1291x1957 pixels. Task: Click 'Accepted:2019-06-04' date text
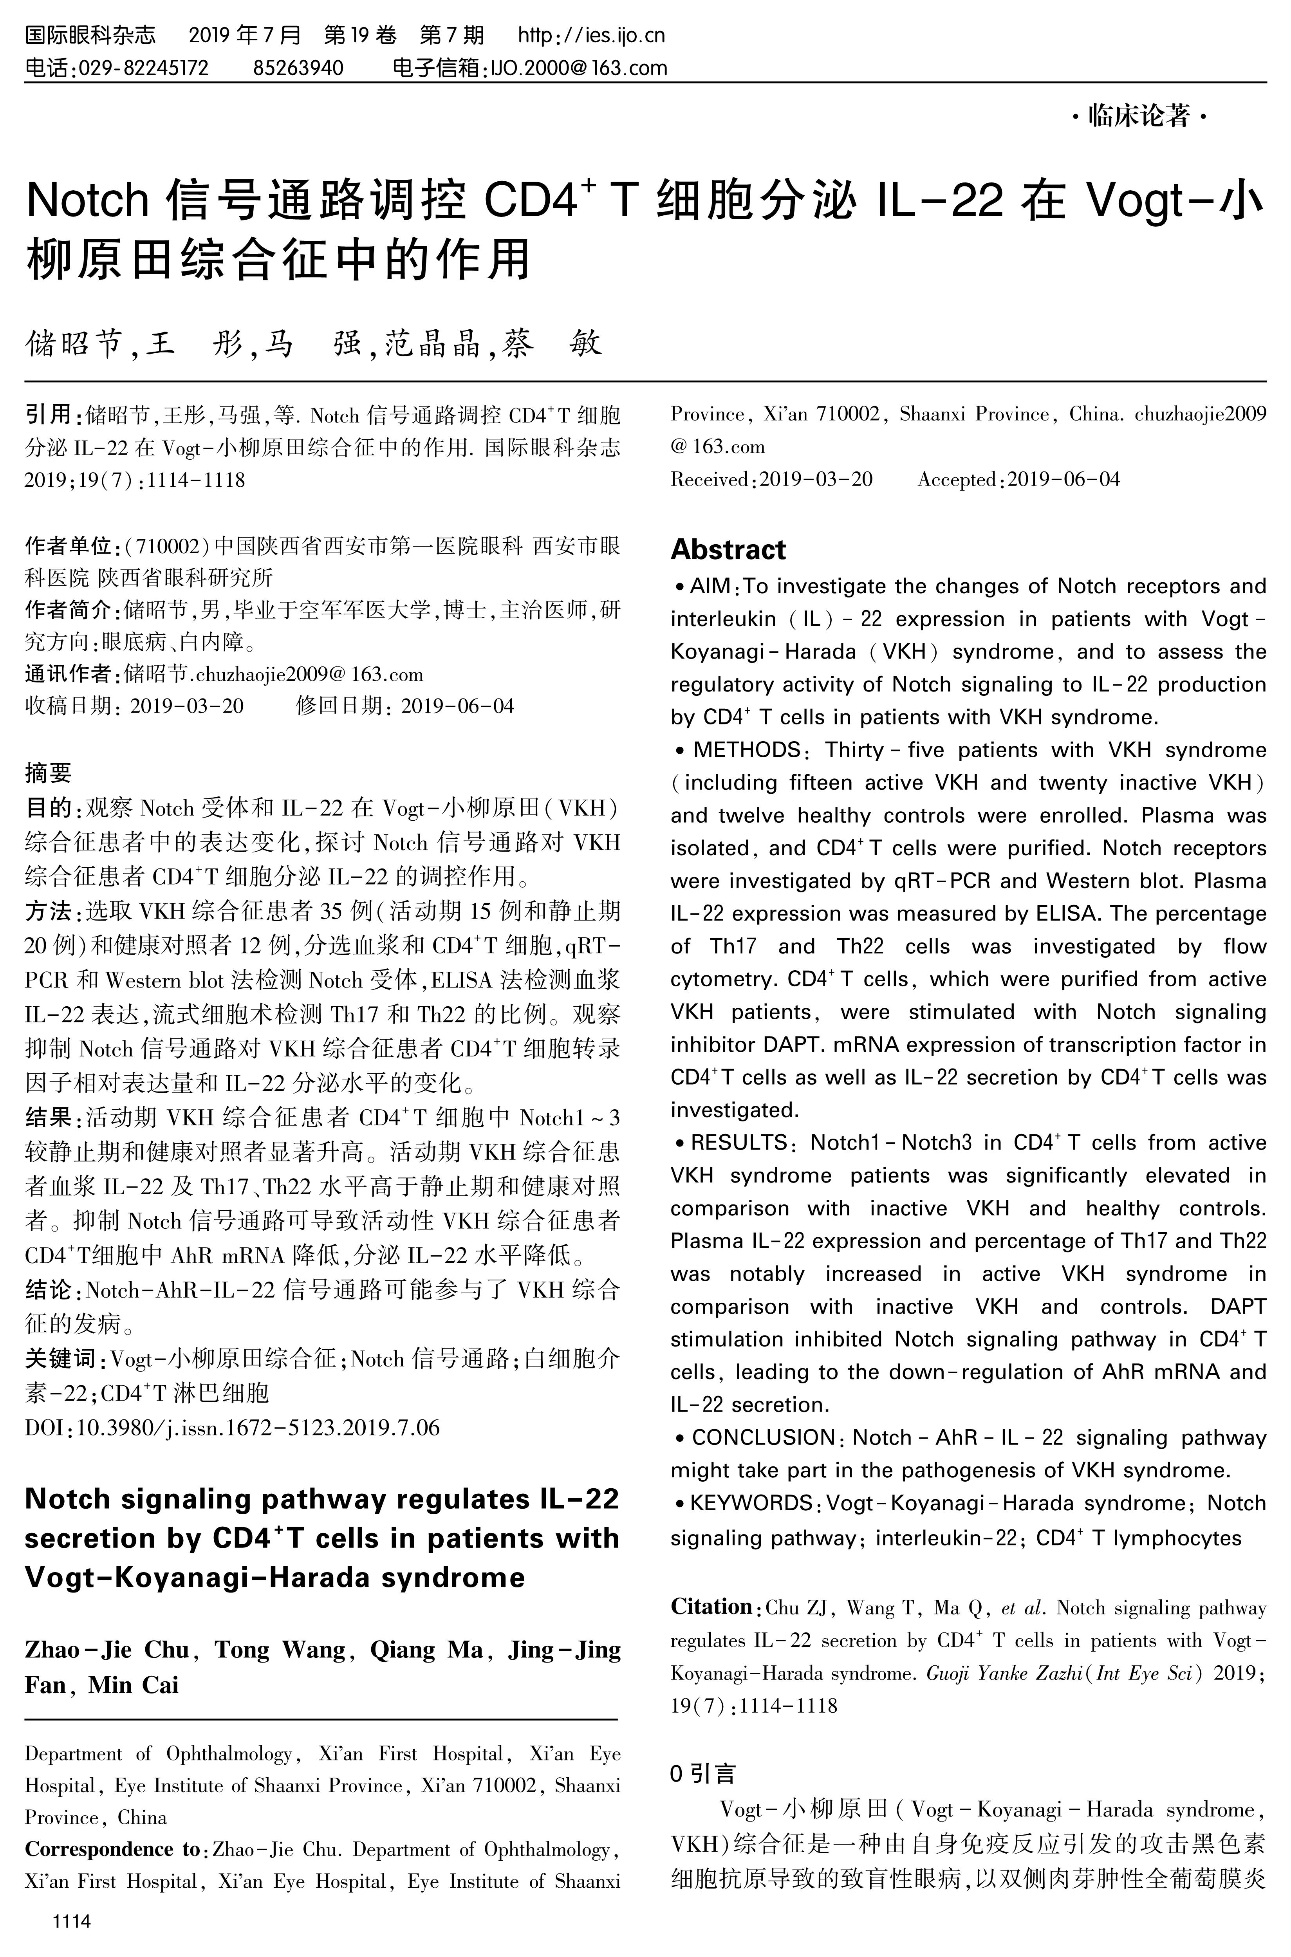[1018, 479]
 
